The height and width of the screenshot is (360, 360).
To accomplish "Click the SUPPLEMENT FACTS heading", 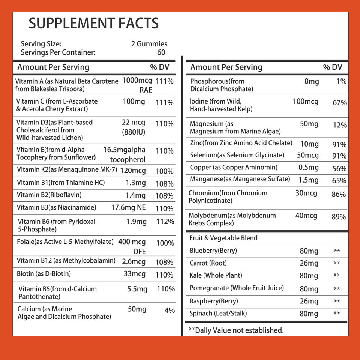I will click(94, 24).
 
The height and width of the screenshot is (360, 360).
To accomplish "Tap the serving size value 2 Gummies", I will click(149, 44).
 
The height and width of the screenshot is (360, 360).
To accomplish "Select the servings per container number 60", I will click(161, 52).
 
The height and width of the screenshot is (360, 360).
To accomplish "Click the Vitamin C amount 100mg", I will click(133, 102).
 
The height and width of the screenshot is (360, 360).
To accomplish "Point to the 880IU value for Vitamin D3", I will click(133, 132).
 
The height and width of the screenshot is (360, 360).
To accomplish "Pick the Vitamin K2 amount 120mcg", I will click(133, 171).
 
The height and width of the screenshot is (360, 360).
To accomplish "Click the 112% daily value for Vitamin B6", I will click(165, 222).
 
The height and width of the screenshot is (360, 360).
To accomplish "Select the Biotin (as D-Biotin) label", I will click(44, 274).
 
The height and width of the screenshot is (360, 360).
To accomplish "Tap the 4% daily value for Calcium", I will click(169, 310).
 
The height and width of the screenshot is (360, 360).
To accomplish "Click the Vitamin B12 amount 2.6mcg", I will click(133, 261).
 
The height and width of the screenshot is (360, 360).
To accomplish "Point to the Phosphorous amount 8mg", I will click(312, 81).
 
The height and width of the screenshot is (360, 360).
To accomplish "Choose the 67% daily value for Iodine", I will click(340, 103).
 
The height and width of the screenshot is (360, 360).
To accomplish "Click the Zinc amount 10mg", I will click(309, 144).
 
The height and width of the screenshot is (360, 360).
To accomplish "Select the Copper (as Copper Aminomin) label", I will click(234, 168).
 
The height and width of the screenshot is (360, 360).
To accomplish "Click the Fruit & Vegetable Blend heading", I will click(223, 238).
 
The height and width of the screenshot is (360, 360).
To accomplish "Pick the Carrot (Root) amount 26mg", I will click(309, 263).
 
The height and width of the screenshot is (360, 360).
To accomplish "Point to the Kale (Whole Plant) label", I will click(216, 275).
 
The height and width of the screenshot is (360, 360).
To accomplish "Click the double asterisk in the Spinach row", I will click(337, 313).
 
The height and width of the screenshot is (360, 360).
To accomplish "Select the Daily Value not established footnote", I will click(236, 330).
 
